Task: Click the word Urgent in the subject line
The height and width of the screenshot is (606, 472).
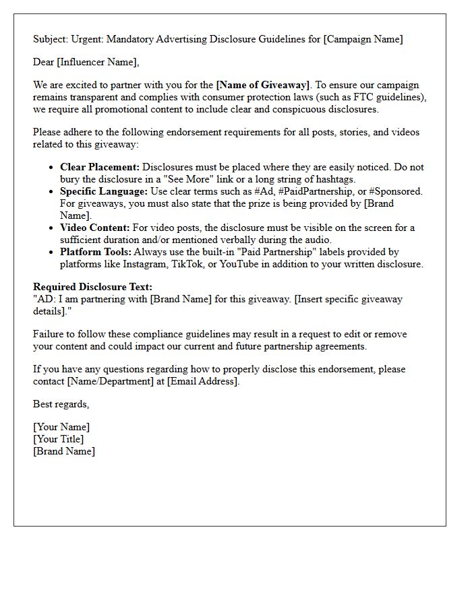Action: (x=86, y=39)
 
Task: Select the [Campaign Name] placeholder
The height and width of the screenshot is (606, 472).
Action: (x=363, y=39)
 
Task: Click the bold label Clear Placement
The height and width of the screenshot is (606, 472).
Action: (x=100, y=167)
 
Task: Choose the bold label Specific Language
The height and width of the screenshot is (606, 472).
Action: (x=103, y=191)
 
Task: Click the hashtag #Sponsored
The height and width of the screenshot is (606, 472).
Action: (x=396, y=191)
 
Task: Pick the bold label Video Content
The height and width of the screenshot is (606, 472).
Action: (x=94, y=228)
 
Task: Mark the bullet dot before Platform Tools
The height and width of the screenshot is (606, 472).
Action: (x=51, y=252)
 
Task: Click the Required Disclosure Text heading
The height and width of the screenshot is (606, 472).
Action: (x=92, y=288)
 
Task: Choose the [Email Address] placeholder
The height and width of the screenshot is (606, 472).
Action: (x=202, y=381)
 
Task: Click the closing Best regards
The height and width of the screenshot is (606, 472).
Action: (x=61, y=405)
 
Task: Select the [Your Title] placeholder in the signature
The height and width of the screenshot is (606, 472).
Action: (x=59, y=439)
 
